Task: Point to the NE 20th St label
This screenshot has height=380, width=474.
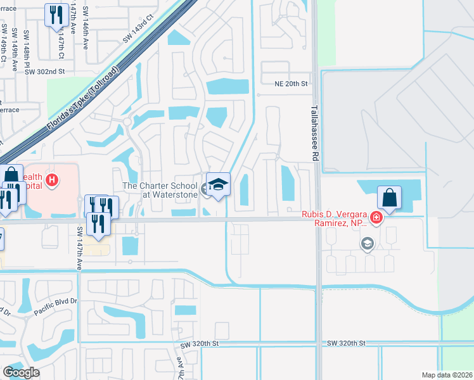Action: coord(291,84)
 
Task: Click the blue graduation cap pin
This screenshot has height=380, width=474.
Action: coord(218,184)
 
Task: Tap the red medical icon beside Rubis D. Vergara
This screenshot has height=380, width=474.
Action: coord(376,218)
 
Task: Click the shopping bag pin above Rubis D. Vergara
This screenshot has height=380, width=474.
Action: coord(390,198)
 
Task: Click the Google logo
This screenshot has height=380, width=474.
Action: coord(21,372)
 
